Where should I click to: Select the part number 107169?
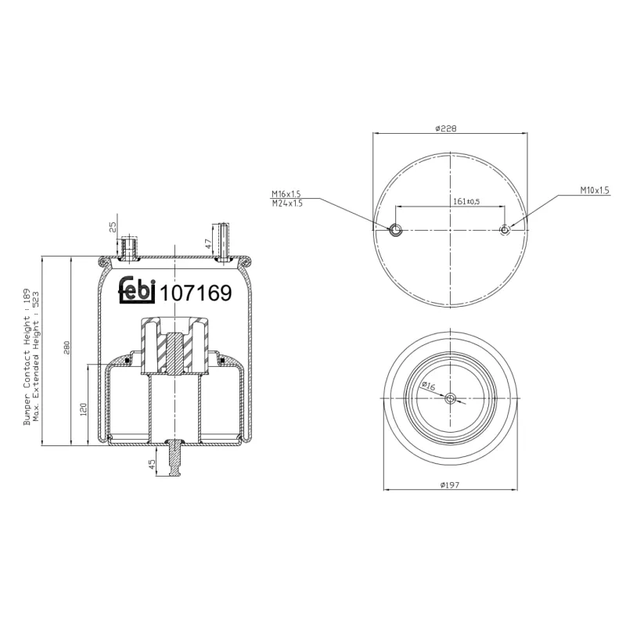196,293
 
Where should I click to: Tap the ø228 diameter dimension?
446,128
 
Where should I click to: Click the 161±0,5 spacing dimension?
466,201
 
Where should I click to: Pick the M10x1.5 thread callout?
593,190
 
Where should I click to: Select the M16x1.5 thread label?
286,193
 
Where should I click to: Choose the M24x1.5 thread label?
286,203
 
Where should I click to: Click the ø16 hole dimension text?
428,386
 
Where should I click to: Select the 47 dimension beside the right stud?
208,243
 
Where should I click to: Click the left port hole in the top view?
396,229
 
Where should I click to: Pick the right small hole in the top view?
505,229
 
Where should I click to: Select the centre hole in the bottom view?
450,399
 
